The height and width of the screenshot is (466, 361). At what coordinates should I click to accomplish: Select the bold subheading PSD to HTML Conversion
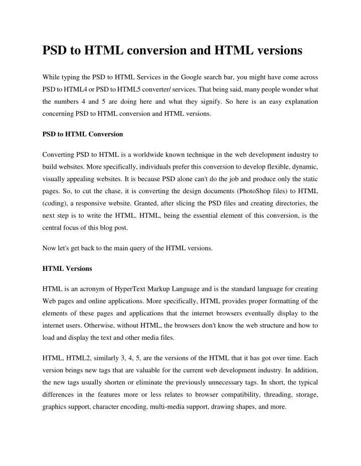[x=82, y=135]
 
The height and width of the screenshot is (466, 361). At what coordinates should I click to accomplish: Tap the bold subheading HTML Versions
[x=67, y=269]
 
